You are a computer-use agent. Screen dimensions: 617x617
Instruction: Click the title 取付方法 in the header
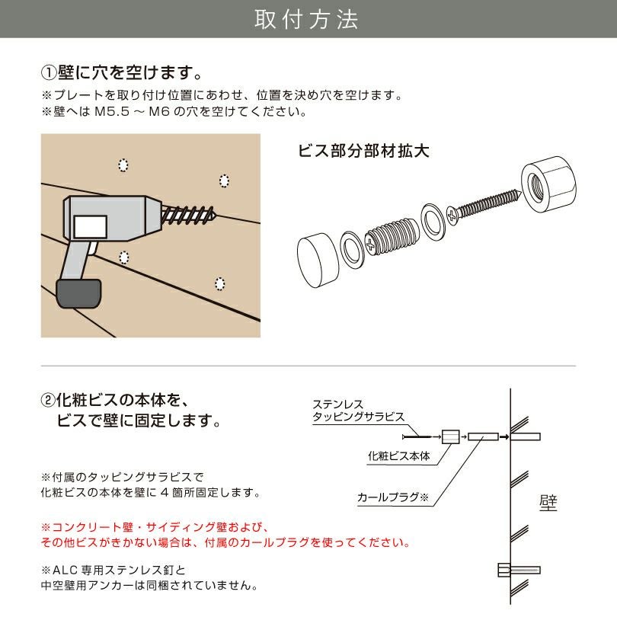pos(306,20)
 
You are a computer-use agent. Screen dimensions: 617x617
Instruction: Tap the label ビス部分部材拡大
pos(363,150)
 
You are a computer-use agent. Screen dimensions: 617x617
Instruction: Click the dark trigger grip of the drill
pos(78,293)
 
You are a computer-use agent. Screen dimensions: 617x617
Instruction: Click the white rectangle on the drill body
pos(91,226)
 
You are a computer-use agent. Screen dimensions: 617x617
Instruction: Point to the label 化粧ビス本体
pos(398,456)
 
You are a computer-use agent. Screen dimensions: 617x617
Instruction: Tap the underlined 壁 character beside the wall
pos(547,503)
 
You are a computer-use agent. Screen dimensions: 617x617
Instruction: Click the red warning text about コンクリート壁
pos(225,535)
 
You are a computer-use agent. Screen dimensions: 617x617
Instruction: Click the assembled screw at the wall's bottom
pos(517,569)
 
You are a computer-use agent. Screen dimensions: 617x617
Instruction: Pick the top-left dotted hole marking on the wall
pos(123,165)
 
